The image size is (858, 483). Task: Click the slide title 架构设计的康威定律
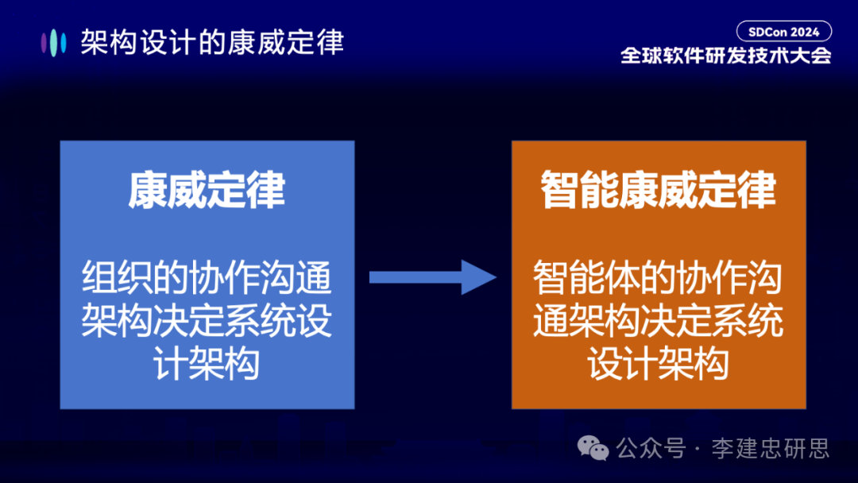(x=212, y=42)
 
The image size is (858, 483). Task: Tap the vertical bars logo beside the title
(x=53, y=42)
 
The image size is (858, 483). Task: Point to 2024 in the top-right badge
(x=804, y=32)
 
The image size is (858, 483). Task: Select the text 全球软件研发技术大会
(x=725, y=56)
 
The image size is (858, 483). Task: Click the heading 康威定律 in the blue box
(x=207, y=191)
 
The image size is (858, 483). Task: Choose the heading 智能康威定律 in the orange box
(x=659, y=191)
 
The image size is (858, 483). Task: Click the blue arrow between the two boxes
(x=432, y=277)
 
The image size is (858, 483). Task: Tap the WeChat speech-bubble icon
(x=593, y=448)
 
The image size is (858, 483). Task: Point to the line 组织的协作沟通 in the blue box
(x=207, y=280)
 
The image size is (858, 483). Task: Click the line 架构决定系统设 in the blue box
(x=207, y=323)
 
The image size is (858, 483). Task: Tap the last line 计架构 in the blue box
(x=207, y=365)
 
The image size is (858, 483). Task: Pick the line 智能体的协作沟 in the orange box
(x=659, y=280)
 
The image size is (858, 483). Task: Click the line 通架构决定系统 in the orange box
(x=659, y=323)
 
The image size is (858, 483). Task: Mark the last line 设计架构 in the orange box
(x=659, y=365)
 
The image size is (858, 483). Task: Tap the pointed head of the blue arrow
(x=480, y=277)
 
